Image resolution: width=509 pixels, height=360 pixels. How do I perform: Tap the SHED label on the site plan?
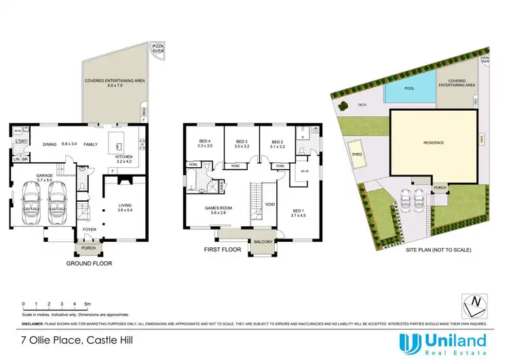pyautogui.click(x=356, y=152)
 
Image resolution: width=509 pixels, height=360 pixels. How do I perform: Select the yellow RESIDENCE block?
pyautogui.click(x=433, y=144)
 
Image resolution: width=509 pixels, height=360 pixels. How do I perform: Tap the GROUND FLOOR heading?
pyautogui.click(x=89, y=262)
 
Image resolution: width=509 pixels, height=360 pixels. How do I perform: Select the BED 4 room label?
pyautogui.click(x=205, y=141)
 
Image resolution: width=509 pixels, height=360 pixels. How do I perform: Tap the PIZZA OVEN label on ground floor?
pyautogui.click(x=157, y=48)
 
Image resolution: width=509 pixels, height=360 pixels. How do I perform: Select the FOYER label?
pyautogui.click(x=89, y=230)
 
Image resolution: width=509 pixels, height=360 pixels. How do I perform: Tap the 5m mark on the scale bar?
pyautogui.click(x=88, y=303)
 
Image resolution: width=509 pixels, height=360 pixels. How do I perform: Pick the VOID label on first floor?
pyautogui.click(x=269, y=204)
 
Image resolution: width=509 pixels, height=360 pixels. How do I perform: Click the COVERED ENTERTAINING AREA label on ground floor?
pyautogui.click(x=113, y=82)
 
